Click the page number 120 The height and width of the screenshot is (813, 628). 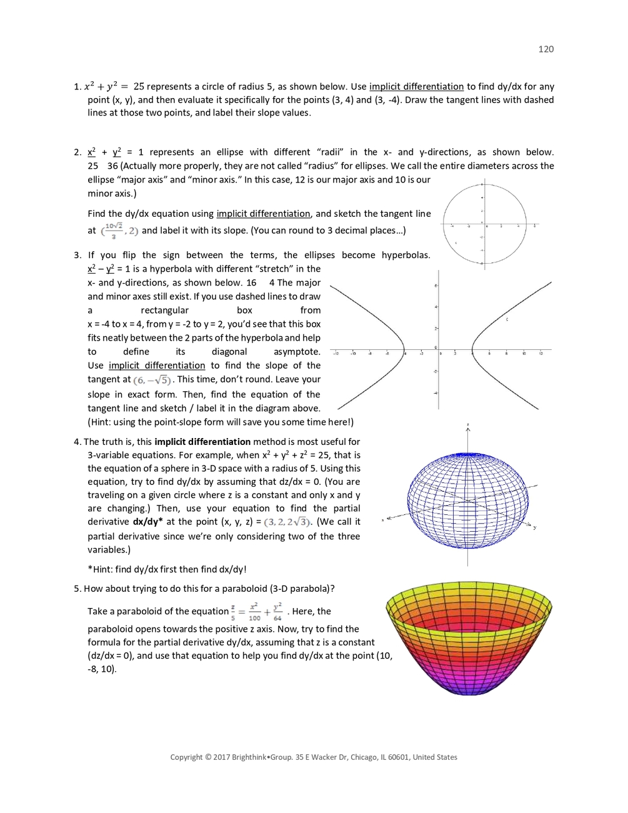546,49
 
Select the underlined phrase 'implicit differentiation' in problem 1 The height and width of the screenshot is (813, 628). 416,87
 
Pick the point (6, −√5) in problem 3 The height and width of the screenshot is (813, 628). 152,380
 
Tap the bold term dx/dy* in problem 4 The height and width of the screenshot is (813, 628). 147,522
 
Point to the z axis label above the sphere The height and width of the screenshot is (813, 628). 467,426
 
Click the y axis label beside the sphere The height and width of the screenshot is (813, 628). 535,527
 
